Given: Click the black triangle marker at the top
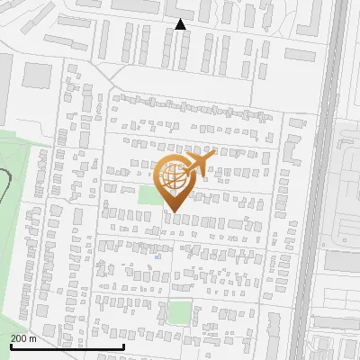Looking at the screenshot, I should coord(181,24).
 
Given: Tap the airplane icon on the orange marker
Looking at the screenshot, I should coord(201,163).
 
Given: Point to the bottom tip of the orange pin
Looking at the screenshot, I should coord(175,212).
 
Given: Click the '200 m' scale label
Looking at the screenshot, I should coord(23,338).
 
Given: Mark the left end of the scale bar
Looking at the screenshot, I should coord(10,346).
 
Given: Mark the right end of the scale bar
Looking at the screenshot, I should coord(123,346).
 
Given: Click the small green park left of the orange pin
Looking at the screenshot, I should coord(149,194).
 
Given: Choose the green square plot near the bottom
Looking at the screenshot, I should coord(179,313).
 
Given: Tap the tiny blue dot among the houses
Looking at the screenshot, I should coord(157,256).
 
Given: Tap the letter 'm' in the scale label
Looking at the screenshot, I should coord(33,338).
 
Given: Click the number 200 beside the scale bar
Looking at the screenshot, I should coord(19,338).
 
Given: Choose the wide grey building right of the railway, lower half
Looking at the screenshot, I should coord(342,261).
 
